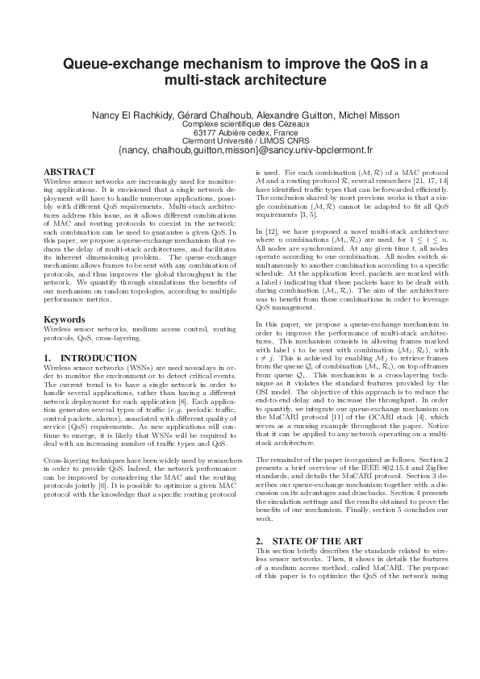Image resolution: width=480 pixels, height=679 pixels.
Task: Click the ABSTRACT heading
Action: (69, 172)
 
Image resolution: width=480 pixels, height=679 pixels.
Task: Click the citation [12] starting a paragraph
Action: (272, 231)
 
